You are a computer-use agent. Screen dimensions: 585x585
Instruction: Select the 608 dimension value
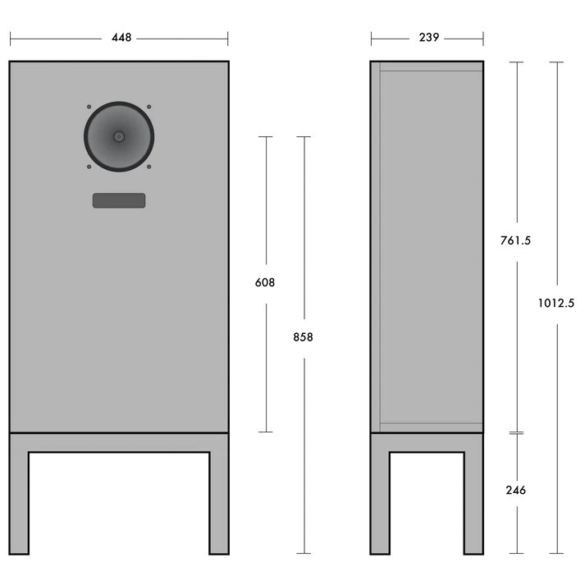coord(264,282)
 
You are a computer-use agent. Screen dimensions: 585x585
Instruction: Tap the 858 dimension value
coord(303,336)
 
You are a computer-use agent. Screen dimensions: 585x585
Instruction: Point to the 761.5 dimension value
coord(516,240)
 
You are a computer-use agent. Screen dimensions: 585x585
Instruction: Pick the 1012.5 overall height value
coord(556,303)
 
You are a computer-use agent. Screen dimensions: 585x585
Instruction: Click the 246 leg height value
coord(516,491)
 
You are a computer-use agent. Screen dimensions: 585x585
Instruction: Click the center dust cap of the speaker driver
coord(119,136)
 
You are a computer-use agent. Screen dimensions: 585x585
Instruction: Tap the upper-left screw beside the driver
coord(89,107)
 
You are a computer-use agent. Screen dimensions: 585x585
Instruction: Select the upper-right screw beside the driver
coord(149,107)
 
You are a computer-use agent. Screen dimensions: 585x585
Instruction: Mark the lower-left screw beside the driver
coord(89,167)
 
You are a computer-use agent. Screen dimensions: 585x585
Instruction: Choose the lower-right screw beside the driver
coord(149,167)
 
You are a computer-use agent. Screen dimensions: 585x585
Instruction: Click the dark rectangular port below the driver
coord(119,201)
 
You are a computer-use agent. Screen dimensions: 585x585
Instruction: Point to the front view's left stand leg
coord(19,500)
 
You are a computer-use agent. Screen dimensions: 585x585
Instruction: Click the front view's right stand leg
coord(219,500)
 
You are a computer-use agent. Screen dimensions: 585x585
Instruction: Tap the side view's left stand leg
coord(379,500)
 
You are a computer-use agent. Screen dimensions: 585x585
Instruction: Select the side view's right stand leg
coord(473,500)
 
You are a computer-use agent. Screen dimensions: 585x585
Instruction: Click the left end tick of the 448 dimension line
coord(10,39)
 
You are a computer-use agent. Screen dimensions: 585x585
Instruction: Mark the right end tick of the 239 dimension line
coord(483,39)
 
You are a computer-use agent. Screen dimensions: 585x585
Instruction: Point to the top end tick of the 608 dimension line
coord(265,137)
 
